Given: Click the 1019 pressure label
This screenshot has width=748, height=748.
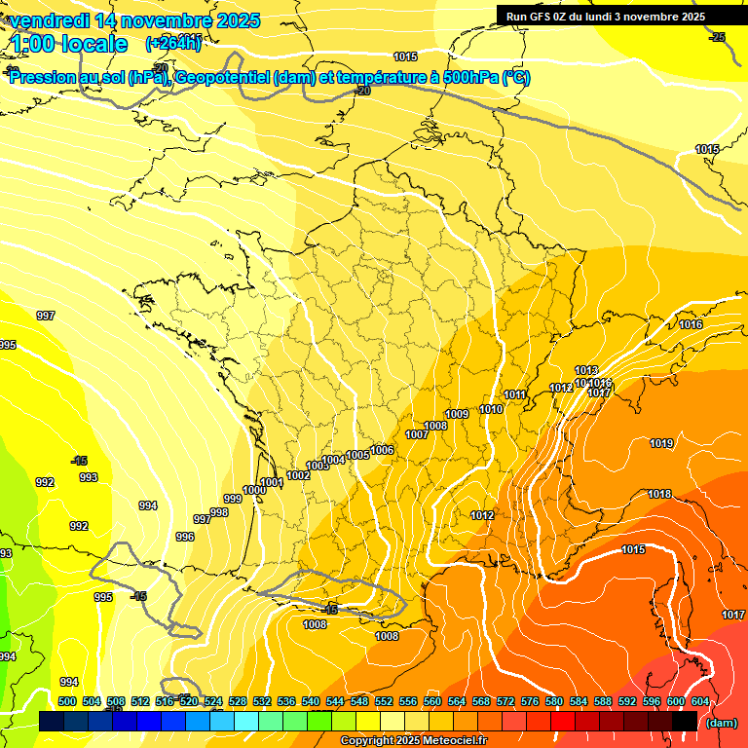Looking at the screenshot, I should pyautogui.click(x=661, y=443).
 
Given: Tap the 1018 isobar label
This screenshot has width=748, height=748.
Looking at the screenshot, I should pyautogui.click(x=659, y=494).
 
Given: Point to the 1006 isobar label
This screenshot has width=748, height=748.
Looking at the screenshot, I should pyautogui.click(x=382, y=450).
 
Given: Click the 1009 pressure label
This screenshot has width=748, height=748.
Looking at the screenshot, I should pyautogui.click(x=457, y=414).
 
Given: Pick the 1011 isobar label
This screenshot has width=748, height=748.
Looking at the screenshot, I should pyautogui.click(x=515, y=394).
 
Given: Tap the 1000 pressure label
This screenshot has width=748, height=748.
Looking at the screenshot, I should pyautogui.click(x=254, y=490).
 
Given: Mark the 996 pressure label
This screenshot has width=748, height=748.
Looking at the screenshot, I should pyautogui.click(x=185, y=537).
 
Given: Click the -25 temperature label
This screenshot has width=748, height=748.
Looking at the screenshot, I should pyautogui.click(x=718, y=37).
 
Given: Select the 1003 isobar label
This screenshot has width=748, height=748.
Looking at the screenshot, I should pyautogui.click(x=318, y=466).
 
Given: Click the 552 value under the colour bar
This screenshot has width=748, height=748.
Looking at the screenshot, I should pyautogui.click(x=384, y=701).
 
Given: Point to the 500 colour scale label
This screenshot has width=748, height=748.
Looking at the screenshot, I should pyautogui.click(x=67, y=701).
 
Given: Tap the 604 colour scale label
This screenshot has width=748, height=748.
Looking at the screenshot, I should pyautogui.click(x=700, y=701).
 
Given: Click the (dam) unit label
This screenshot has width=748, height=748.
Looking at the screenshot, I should pyautogui.click(x=721, y=723).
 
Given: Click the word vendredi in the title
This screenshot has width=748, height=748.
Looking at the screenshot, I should pyautogui.click(x=49, y=20).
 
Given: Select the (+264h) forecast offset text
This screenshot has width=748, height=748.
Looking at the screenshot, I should pyautogui.click(x=173, y=43).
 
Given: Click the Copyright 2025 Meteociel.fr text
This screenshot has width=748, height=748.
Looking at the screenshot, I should pyautogui.click(x=413, y=741).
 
